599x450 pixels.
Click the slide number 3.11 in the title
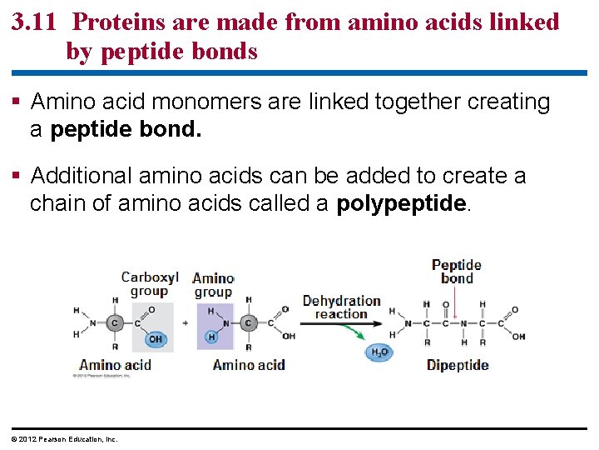35,22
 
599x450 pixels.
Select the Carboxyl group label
150,284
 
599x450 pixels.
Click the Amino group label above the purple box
213,285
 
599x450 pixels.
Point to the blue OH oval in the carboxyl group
155,339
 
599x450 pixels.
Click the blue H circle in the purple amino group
211,337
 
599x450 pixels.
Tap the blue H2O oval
379,352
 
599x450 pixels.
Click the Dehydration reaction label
341,307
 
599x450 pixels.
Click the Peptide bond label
457,272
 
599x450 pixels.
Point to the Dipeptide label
458,365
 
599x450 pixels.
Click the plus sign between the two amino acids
186,323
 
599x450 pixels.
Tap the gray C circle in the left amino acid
116,323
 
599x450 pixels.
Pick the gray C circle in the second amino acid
248,323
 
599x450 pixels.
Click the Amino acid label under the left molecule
115,365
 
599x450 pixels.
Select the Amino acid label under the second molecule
249,365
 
